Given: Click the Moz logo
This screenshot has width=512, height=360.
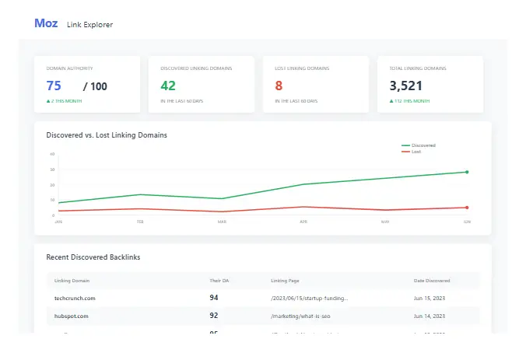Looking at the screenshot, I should click(46, 23).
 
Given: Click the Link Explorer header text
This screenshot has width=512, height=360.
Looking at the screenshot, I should click(89, 25).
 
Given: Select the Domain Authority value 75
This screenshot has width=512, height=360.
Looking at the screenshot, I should click(54, 86).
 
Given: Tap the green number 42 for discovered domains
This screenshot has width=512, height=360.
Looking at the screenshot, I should click(168, 86).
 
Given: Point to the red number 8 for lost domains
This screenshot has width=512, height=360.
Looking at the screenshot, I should click(279, 86).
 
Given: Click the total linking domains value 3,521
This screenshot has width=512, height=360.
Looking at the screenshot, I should click(405, 86).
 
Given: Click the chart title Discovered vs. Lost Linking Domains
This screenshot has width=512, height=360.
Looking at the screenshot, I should click(107, 135).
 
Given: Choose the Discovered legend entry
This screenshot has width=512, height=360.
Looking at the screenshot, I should click(423, 145).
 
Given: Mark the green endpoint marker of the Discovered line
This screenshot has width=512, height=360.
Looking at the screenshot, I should click(467, 172).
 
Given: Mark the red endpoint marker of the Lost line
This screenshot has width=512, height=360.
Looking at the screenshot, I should click(467, 208).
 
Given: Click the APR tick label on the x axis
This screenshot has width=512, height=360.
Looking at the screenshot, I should click(303, 222).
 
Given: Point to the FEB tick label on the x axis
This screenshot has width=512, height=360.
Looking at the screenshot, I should click(140, 222).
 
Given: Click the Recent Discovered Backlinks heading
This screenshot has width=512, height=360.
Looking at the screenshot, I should click(93, 257).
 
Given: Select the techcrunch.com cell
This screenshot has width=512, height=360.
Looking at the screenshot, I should click(74, 298).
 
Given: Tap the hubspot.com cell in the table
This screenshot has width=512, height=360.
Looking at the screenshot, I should click(71, 316).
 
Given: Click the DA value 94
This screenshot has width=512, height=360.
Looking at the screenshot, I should click(214, 298).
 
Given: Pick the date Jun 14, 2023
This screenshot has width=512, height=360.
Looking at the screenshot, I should click(430, 316).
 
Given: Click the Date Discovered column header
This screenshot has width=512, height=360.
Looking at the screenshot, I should click(431, 280).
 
